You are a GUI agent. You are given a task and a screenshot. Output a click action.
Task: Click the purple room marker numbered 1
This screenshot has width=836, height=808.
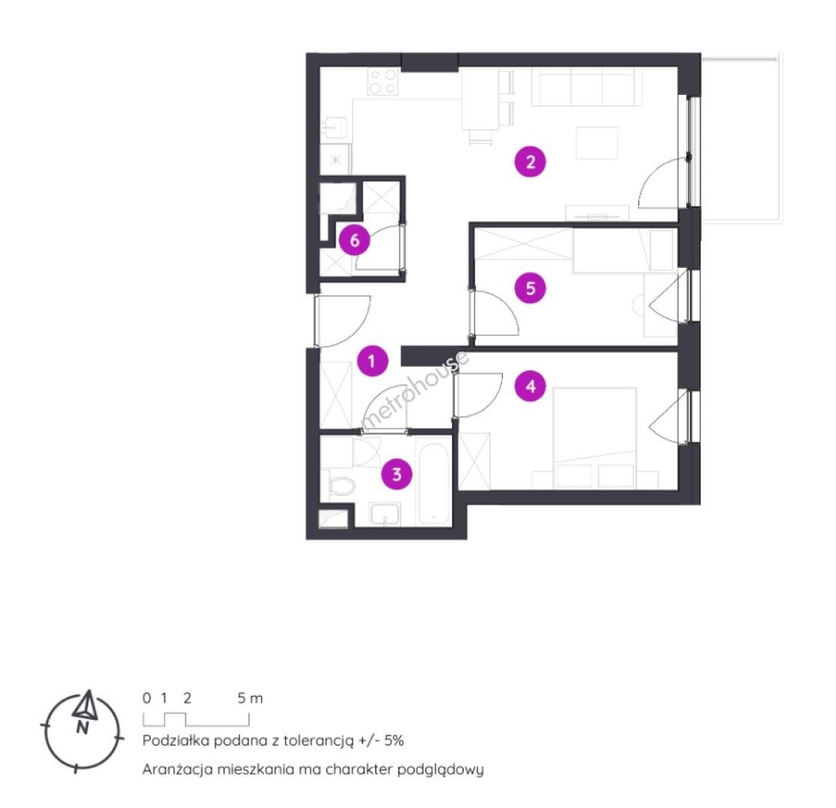tap(372, 361)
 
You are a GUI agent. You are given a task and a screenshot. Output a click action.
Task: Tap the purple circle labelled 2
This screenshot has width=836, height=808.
tap(530, 162)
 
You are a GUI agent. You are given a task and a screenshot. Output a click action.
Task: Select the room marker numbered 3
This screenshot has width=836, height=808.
tap(397, 474)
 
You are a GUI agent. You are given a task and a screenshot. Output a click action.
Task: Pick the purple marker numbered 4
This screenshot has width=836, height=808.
tap(531, 386)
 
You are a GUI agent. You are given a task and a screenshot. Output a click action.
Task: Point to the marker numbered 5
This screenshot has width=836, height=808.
tap(531, 288)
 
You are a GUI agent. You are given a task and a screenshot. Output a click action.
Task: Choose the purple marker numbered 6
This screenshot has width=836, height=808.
tap(355, 240)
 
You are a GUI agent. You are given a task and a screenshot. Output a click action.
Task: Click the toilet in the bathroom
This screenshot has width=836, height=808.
tap(339, 486)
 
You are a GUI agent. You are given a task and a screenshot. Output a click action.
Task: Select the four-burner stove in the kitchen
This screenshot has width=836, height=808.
tap(382, 82)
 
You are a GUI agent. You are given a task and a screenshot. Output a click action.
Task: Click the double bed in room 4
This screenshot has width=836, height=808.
tap(595, 437)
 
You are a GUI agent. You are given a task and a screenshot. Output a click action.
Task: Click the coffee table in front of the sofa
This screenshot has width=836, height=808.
tap(597, 143)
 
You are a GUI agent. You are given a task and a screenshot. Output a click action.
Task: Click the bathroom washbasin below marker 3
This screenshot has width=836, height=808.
tap(385, 514)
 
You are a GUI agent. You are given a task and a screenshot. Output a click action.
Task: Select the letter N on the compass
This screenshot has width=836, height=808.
tap(82, 727)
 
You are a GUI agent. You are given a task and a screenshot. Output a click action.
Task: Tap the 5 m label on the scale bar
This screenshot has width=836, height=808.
tap(250, 698)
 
